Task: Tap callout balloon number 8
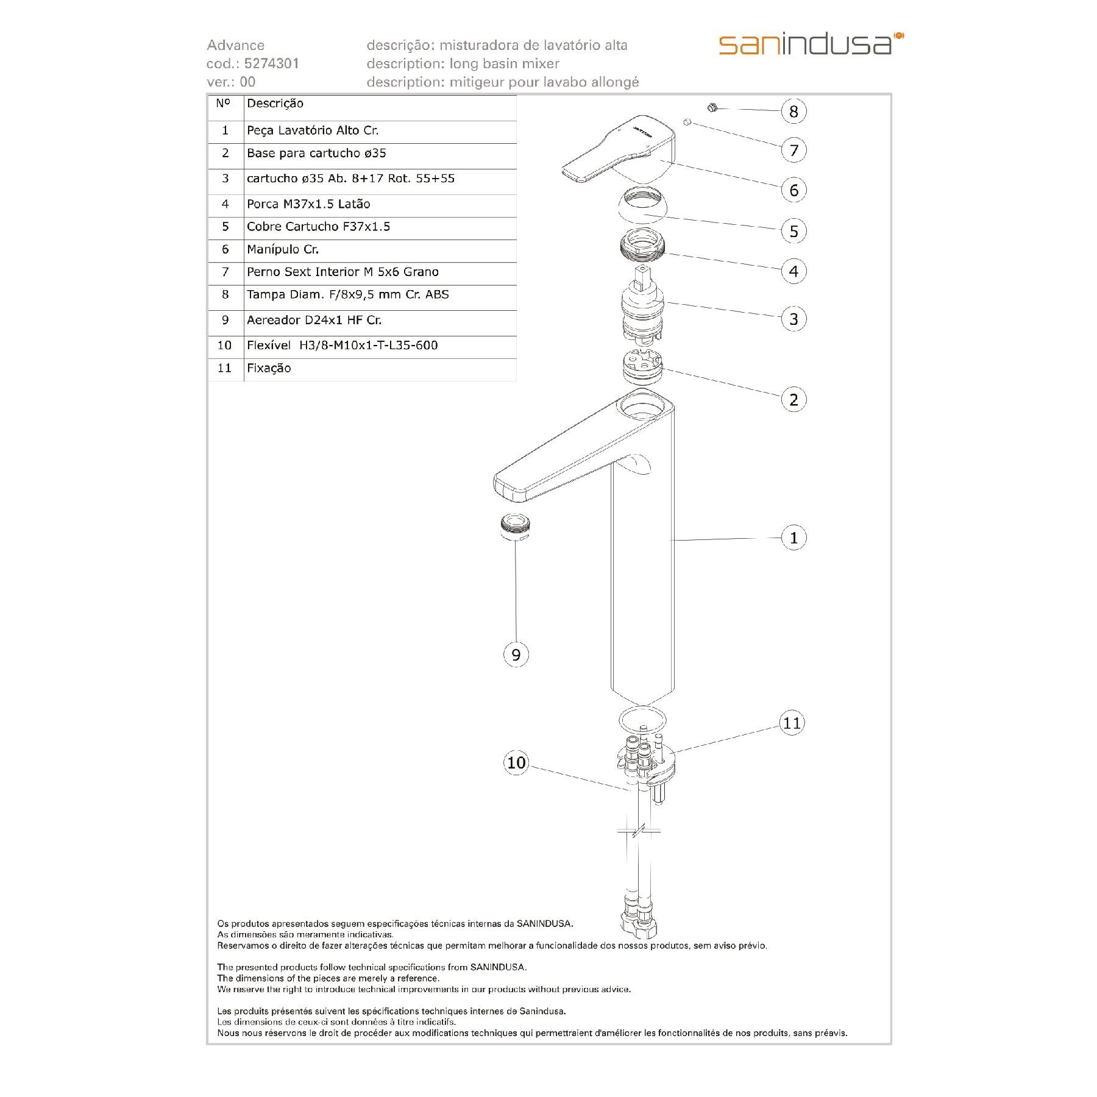[x=793, y=112]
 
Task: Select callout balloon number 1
[x=793, y=538]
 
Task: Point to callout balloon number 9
[x=516, y=655]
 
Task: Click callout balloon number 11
[x=792, y=723]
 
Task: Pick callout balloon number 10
[x=516, y=763]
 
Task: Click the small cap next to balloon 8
[x=711, y=108]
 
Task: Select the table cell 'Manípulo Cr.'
[x=283, y=250]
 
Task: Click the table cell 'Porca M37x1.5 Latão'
[x=308, y=205]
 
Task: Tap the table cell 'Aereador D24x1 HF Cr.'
[x=314, y=321]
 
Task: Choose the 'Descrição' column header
[x=275, y=104]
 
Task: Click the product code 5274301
[x=271, y=63]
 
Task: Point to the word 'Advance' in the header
[x=235, y=45]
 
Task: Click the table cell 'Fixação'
[x=269, y=369]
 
